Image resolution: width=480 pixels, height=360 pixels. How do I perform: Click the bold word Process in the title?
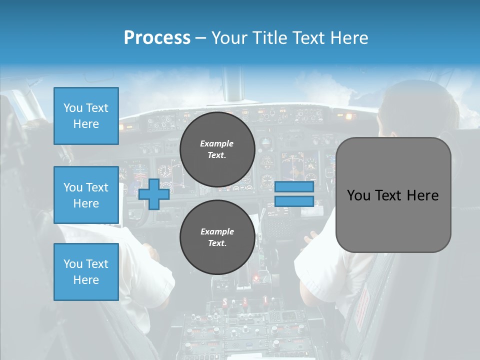coord(157,38)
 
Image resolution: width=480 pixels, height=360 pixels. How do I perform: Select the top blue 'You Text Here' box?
coord(86,116)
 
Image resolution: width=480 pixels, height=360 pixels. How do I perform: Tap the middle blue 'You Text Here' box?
coord(86,195)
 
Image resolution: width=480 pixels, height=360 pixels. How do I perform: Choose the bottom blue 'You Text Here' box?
coord(86,271)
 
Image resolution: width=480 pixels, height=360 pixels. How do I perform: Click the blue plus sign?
coord(153,194)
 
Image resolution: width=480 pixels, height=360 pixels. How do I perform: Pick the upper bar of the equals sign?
coord(294,187)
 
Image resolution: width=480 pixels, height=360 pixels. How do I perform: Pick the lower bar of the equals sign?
coord(294,201)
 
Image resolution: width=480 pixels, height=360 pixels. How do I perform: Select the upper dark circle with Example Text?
coord(217,149)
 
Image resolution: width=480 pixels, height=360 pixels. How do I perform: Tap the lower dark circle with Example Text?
coord(217,237)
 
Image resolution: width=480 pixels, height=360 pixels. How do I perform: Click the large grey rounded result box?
coord(393,195)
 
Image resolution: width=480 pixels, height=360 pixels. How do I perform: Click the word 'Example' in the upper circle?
coord(217,143)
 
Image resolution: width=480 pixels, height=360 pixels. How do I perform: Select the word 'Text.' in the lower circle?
coord(217,243)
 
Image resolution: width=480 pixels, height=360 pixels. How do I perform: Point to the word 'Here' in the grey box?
coord(422,195)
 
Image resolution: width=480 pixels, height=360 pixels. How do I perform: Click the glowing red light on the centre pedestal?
coord(256,277)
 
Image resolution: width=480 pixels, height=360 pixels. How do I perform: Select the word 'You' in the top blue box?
coord(73,108)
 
